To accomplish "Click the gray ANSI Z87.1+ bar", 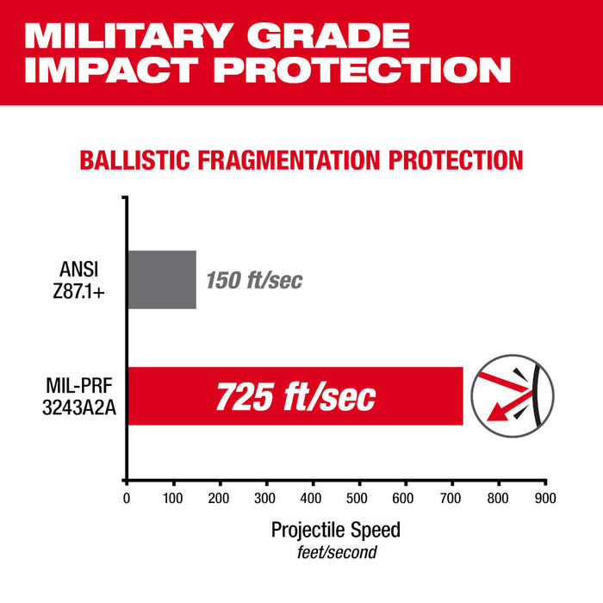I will pyautogui.click(x=162, y=279).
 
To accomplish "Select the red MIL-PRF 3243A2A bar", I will pyautogui.click(x=295, y=396).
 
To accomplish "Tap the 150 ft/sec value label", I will pyautogui.click(x=255, y=281).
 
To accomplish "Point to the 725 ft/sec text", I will pyautogui.click(x=295, y=396).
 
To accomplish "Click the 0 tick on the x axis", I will pyautogui.click(x=127, y=498).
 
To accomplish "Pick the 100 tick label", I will pyautogui.click(x=173, y=498).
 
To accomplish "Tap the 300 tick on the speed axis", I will pyautogui.click(x=266, y=498).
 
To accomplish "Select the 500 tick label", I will pyautogui.click(x=359, y=498).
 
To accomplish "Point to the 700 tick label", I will pyautogui.click(x=452, y=498).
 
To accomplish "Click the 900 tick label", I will pyautogui.click(x=545, y=498).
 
